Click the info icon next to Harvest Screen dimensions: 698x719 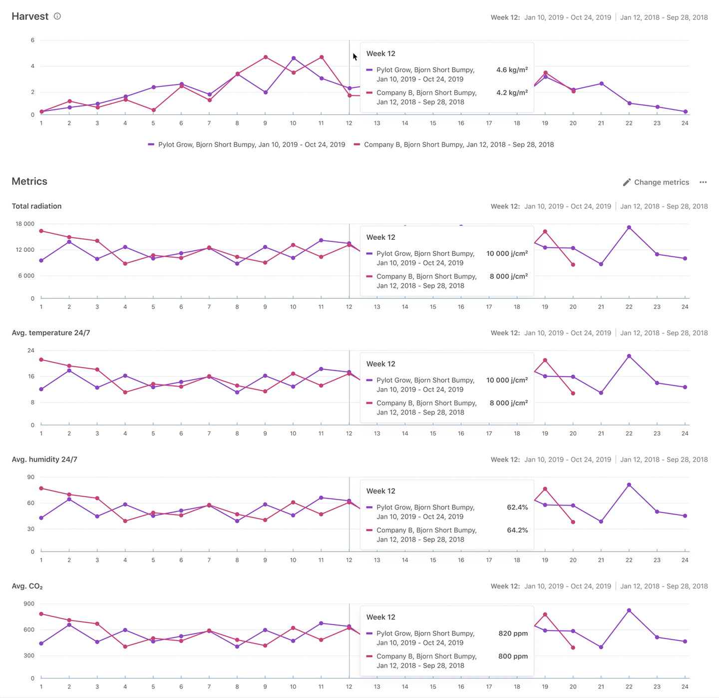click(x=57, y=16)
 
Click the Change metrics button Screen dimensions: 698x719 click(x=656, y=182)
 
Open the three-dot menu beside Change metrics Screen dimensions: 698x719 click(x=703, y=182)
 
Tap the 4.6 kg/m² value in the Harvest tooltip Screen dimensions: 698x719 click(x=512, y=70)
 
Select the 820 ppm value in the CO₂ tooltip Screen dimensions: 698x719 click(x=513, y=634)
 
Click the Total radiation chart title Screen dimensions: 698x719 click(x=36, y=206)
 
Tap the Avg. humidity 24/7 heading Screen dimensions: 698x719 click(x=44, y=459)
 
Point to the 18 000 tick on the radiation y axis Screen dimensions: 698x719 click(x=25, y=224)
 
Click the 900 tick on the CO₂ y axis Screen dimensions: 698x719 click(x=28, y=604)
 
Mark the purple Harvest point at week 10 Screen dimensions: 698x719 click(x=294, y=58)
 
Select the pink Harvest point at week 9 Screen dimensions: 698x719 click(x=266, y=57)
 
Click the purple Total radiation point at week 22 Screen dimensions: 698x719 click(x=629, y=227)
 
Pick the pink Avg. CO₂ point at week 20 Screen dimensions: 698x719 click(x=573, y=648)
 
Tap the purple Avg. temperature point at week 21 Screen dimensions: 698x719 click(x=601, y=393)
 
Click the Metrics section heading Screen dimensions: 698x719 click(x=29, y=181)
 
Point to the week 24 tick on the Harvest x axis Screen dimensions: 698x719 click(x=685, y=123)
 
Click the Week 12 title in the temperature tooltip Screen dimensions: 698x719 click(x=380, y=364)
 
